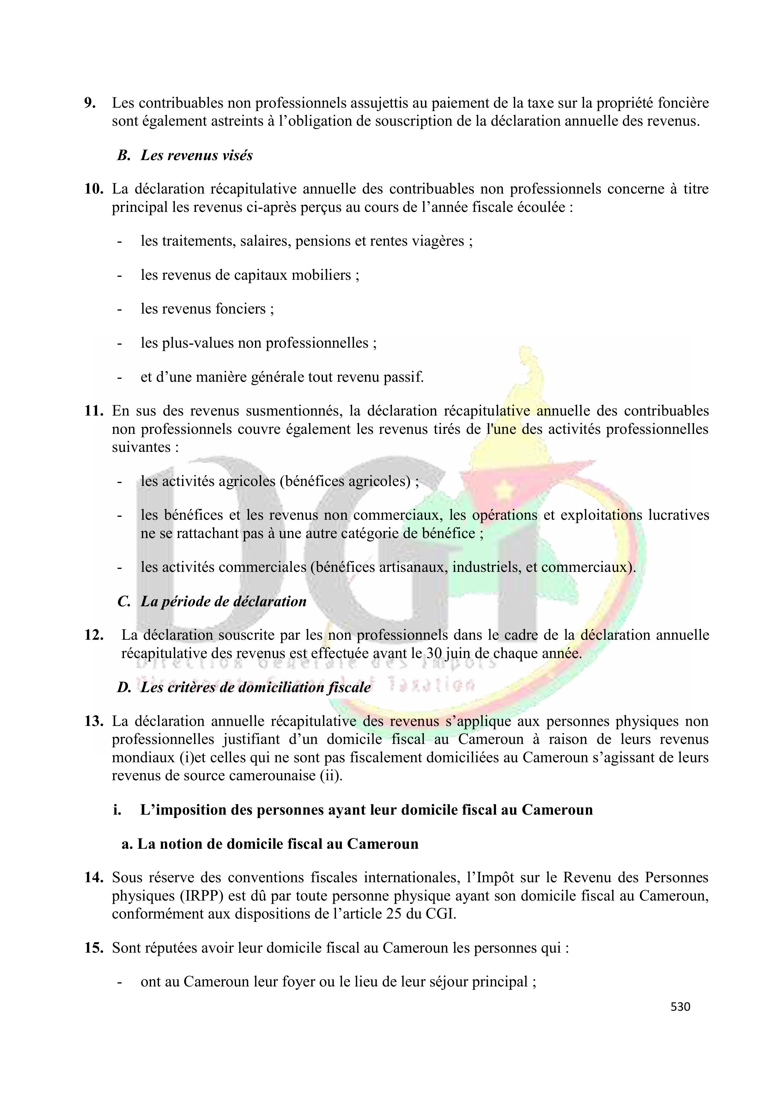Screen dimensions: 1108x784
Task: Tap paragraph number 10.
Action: pyautogui.click(x=94, y=189)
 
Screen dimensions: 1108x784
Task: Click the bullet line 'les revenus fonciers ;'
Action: pyautogui.click(x=207, y=308)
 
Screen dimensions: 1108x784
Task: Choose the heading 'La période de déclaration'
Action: pyautogui.click(x=223, y=601)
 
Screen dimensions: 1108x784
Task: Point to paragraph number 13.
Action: pyautogui.click(x=94, y=722)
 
